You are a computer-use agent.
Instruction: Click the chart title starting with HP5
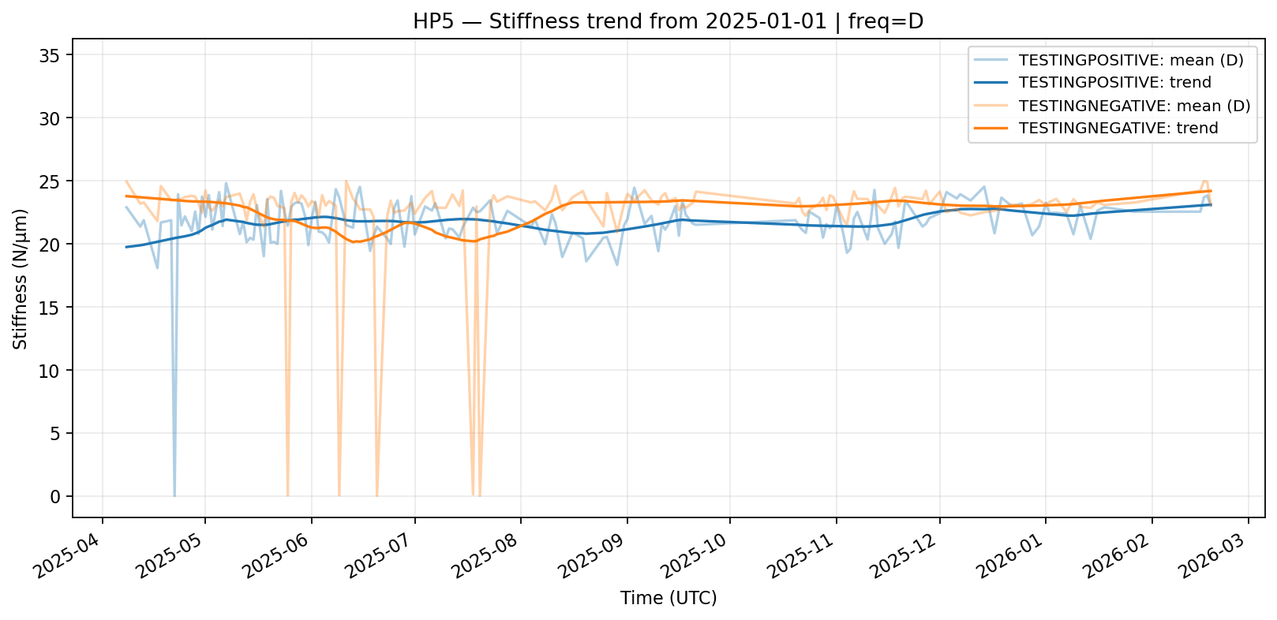point(668,21)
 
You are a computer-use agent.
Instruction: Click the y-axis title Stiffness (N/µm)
point(21,278)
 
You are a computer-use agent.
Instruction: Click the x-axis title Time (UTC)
point(668,598)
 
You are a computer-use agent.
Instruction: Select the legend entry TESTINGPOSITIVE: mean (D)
point(1131,61)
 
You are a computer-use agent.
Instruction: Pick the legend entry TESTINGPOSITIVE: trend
point(1114,83)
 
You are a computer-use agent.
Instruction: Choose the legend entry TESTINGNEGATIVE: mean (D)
point(1134,106)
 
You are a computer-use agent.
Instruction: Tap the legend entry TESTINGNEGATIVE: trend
point(1118,128)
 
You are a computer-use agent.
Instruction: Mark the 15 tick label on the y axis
point(54,307)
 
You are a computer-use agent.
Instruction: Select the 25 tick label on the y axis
point(54,181)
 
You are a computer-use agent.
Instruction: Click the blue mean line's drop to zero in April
point(174,495)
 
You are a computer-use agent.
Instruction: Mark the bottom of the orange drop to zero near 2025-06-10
point(339,495)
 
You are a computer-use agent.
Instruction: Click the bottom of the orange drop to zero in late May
point(288,495)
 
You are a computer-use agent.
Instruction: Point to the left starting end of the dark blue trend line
point(126,247)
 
